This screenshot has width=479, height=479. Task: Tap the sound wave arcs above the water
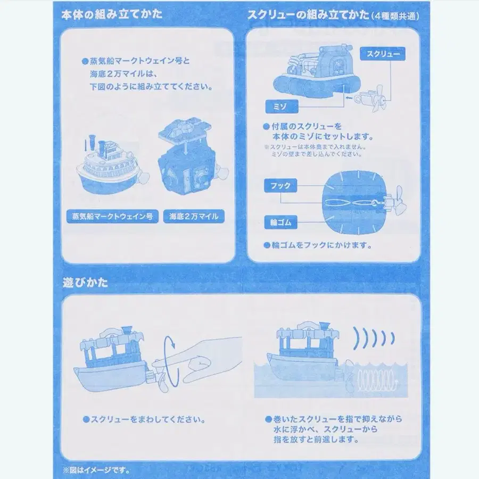point(375,337)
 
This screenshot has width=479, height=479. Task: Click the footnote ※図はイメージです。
point(96,470)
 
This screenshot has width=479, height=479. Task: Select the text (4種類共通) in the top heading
point(394,16)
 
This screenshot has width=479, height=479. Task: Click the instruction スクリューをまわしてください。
point(144,419)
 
